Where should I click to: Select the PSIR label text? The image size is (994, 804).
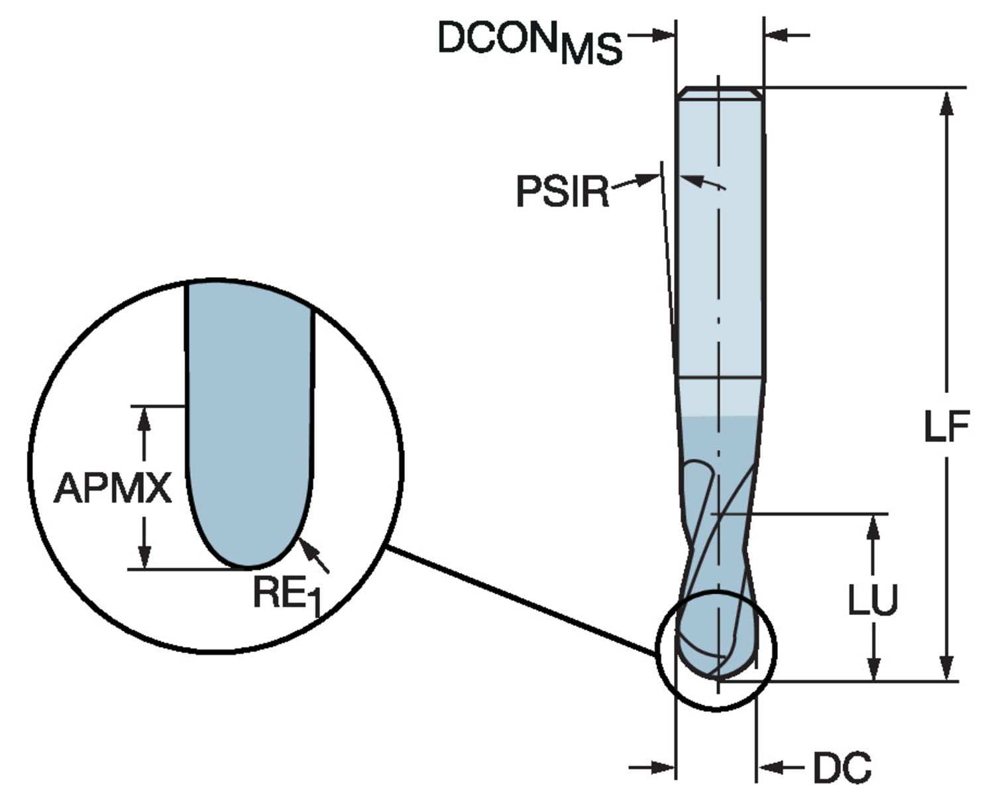coord(562,192)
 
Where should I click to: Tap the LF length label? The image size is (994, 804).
coord(946,426)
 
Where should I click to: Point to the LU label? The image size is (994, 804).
coord(873,599)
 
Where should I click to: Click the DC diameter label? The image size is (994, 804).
coord(842,768)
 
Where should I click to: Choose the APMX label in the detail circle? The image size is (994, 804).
coord(113,488)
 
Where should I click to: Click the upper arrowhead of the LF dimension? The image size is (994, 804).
coord(947,103)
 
